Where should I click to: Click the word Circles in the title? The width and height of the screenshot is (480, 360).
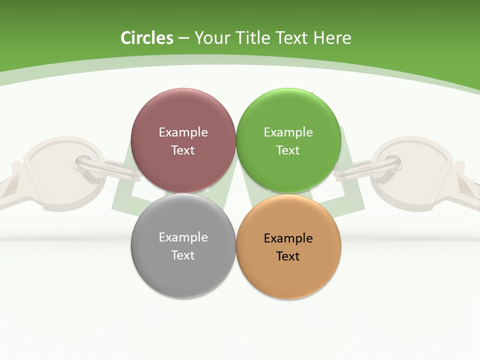pyautogui.click(x=146, y=38)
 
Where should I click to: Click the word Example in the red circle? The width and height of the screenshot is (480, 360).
pyautogui.click(x=183, y=132)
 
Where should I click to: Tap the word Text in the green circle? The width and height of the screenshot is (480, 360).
pyautogui.click(x=288, y=150)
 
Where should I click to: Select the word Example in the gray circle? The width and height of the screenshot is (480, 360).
pyautogui.click(x=183, y=237)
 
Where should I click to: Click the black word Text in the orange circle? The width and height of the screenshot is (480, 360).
pyautogui.click(x=288, y=256)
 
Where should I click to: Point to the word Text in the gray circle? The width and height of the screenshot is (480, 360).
pyautogui.click(x=183, y=255)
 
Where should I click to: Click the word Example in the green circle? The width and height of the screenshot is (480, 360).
pyautogui.click(x=288, y=132)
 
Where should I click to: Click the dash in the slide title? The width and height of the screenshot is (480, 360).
pyautogui.click(x=183, y=38)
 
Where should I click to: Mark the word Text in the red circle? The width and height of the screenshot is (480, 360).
pyautogui.click(x=183, y=150)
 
